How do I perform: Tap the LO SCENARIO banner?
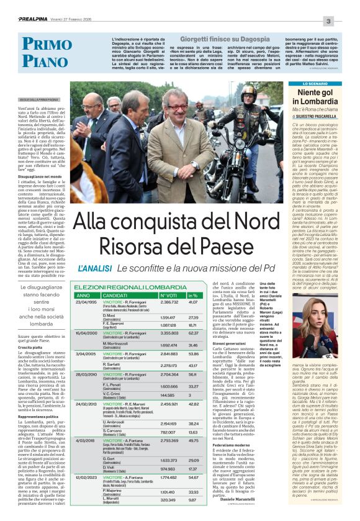point(318,83)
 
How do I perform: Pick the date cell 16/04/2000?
point(87,333)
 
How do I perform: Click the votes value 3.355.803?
point(169,333)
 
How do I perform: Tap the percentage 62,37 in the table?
point(192,333)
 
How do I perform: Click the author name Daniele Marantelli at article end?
point(237,499)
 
